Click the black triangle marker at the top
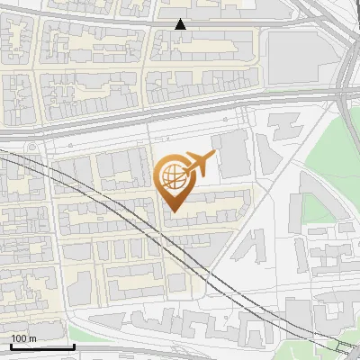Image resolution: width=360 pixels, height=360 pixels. coord(181,24)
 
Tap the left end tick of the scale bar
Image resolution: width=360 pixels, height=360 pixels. coord(11,346)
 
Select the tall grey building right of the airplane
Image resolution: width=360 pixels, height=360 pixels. coord(233,153)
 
